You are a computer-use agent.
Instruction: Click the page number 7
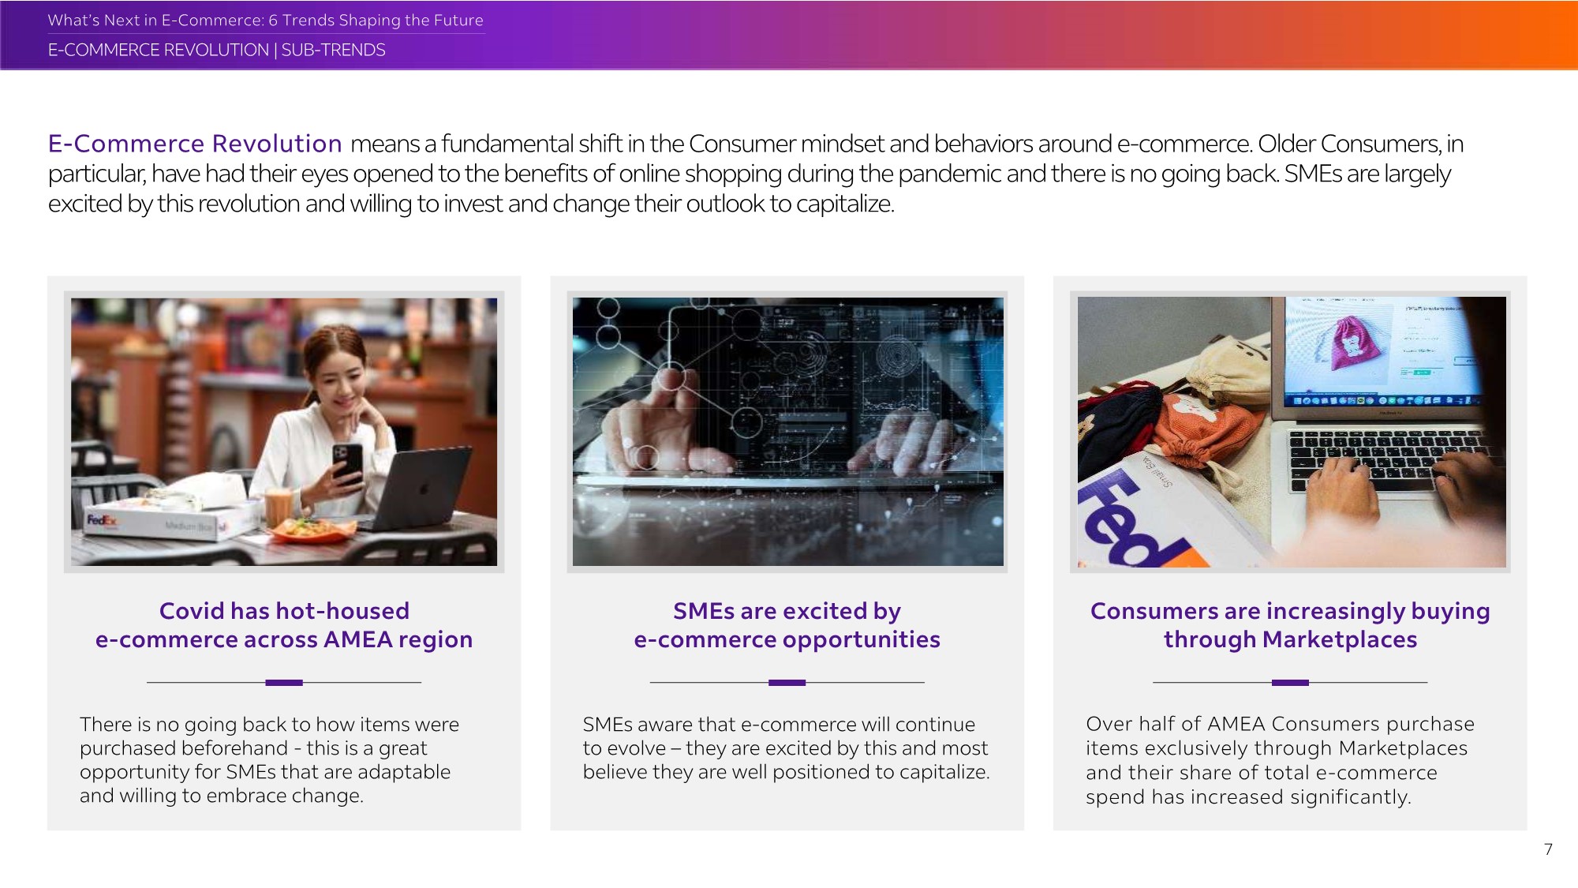click(1548, 849)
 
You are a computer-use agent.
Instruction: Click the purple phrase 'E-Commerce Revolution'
click(195, 144)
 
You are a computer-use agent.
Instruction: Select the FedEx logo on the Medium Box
click(102, 520)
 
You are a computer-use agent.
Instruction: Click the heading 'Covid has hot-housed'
click(284, 611)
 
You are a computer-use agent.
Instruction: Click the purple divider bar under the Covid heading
click(284, 683)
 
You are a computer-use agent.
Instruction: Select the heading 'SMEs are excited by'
click(787, 612)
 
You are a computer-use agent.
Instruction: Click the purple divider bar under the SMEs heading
click(787, 683)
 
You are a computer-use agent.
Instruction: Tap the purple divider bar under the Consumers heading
click(1290, 683)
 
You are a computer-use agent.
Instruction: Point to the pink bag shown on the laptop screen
click(1353, 341)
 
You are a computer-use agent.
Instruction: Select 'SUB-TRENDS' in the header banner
click(333, 50)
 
